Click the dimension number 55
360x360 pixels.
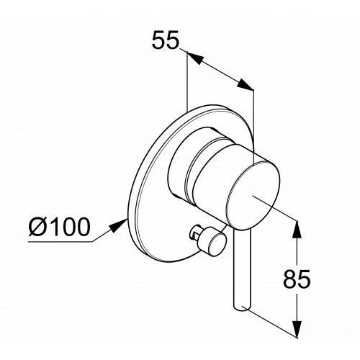pos(166,40)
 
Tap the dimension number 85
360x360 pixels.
pos(297,279)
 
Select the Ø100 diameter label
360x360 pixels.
pos(60,227)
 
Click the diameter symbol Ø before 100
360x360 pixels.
pos(37,227)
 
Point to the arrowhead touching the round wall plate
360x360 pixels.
pos(118,225)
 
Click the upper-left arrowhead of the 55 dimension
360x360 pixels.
pos(195,58)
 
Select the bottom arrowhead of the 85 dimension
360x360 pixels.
pos(297,328)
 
